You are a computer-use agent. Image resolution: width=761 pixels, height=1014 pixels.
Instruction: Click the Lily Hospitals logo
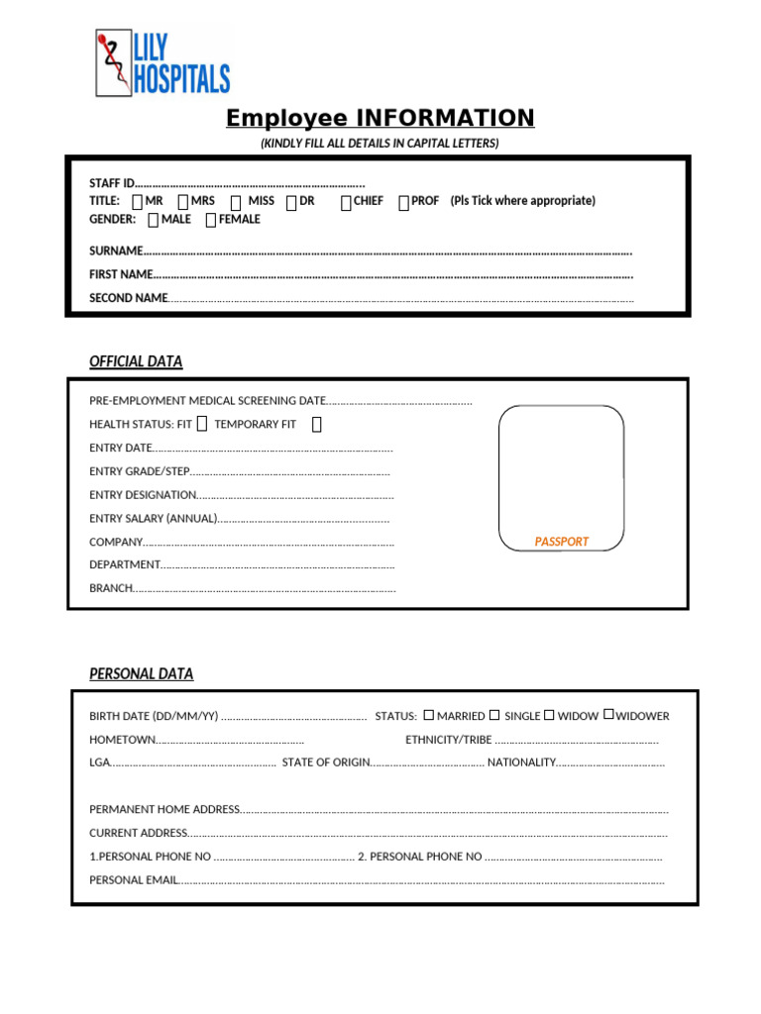(x=163, y=63)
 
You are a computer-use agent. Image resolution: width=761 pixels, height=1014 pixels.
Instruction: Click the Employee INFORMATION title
(x=380, y=118)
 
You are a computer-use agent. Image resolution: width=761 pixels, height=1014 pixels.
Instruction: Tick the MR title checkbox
(x=137, y=202)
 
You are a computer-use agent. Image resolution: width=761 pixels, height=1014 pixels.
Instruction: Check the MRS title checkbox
(x=182, y=202)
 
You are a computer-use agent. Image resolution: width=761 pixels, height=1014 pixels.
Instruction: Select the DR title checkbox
(x=291, y=202)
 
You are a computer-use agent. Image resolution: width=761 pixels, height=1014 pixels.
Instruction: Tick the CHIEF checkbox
(x=346, y=202)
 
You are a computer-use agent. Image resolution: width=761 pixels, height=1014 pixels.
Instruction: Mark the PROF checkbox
(x=403, y=202)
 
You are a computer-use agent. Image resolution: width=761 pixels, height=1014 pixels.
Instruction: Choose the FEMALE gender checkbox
(x=210, y=220)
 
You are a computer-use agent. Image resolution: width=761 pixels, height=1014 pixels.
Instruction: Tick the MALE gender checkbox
(x=152, y=220)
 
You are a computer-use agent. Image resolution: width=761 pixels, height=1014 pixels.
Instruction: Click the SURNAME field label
(x=116, y=251)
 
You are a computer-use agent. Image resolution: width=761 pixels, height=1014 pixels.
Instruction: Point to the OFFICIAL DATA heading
(x=136, y=361)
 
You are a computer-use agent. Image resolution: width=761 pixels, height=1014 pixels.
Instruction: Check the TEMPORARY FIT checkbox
(x=317, y=425)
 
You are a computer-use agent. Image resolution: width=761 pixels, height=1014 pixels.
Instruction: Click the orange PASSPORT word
(x=561, y=542)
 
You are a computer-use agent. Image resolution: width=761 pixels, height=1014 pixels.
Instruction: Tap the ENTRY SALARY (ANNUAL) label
(x=153, y=518)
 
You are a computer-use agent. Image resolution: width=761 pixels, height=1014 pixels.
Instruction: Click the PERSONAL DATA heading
(x=141, y=673)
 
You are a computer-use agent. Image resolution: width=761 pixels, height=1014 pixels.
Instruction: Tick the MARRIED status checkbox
(x=429, y=714)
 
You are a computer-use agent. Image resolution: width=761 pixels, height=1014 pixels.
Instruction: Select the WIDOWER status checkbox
(x=608, y=714)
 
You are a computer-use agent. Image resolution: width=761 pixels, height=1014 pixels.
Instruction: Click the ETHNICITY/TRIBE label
(x=448, y=740)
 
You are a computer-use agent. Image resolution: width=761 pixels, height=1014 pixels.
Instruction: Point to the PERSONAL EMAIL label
(x=133, y=879)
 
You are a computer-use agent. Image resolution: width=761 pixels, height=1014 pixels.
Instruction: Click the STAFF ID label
(x=110, y=183)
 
